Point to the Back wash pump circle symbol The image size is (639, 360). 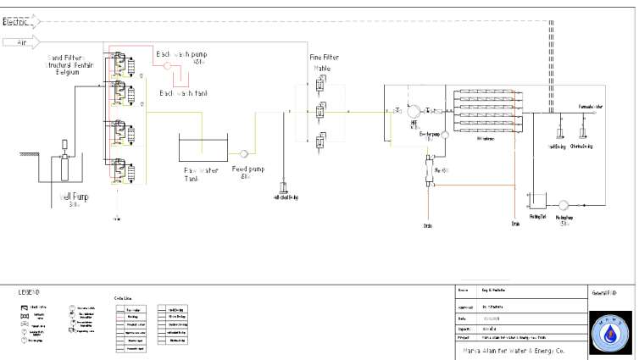[x=168, y=64]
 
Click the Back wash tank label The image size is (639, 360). [x=183, y=92]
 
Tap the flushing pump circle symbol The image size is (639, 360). [x=564, y=203]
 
